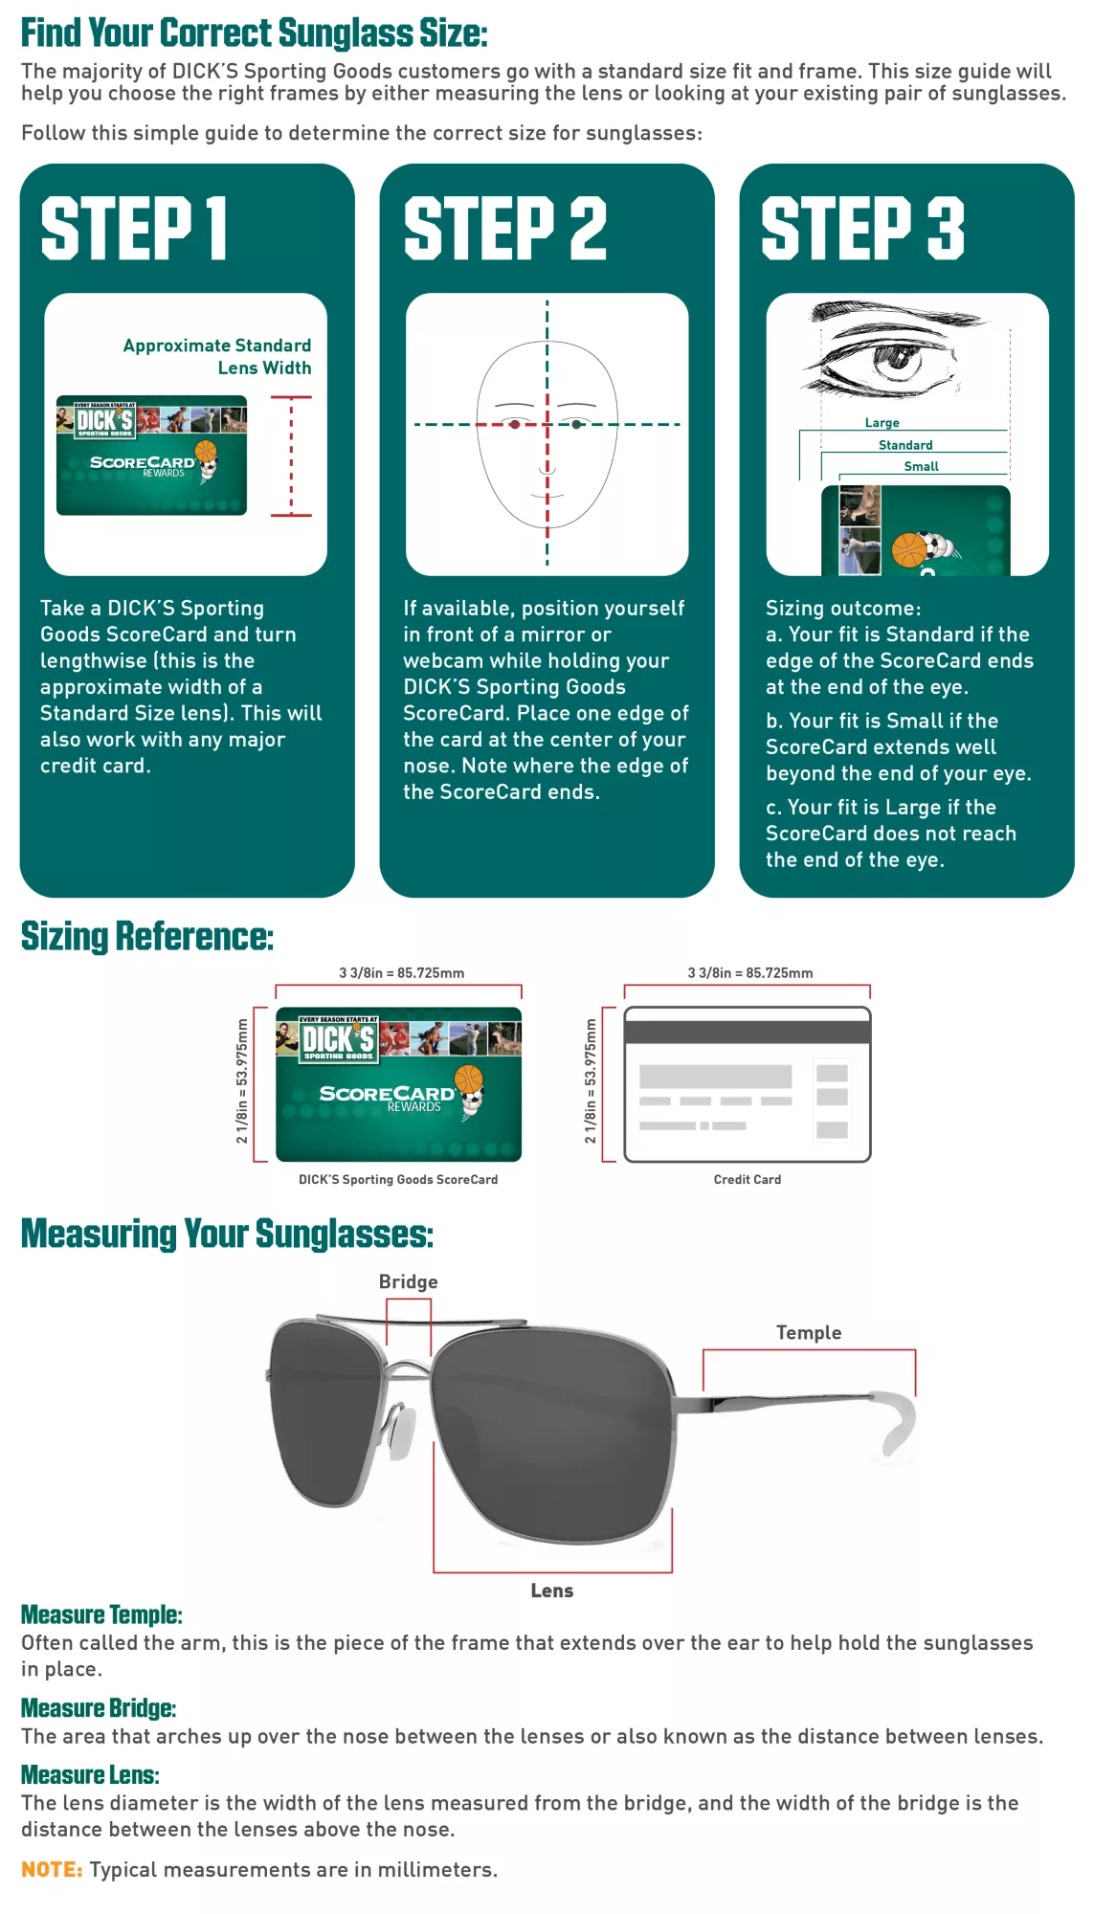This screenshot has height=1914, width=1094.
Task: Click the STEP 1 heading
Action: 134,229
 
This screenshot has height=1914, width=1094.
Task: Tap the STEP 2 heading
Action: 504,229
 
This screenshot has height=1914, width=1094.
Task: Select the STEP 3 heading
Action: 862,229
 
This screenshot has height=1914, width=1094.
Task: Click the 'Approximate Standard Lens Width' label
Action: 217,356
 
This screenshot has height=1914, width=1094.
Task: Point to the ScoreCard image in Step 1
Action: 151,456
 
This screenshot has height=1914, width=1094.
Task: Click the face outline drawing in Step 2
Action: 547,434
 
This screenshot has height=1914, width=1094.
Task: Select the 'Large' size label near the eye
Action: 882,423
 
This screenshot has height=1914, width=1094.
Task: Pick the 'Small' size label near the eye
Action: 921,466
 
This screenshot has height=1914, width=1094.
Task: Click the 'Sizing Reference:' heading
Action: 147,937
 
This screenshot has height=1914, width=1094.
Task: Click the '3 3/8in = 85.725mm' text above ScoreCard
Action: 401,972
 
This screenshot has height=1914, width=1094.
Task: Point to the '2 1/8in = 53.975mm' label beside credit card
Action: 591,1081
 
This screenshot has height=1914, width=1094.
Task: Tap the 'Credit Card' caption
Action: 747,1179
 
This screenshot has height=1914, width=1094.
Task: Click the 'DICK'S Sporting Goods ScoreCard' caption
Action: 398,1179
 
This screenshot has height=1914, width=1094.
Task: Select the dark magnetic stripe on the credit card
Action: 747,1032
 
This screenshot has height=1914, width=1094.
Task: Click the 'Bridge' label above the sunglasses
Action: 408,1281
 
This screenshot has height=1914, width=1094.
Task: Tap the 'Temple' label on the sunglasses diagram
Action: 808,1332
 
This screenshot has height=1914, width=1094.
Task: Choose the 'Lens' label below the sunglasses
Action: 551,1591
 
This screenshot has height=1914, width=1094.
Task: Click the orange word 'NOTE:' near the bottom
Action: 52,1869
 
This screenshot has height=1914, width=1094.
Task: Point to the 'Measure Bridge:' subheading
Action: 99,1708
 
